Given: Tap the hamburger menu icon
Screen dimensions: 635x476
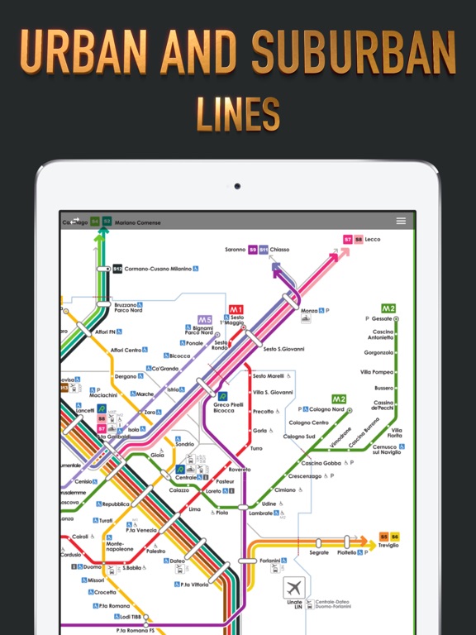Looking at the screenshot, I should [401, 221].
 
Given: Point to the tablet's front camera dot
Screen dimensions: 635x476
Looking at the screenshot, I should [238, 185].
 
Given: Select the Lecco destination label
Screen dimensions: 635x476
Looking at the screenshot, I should [372, 239].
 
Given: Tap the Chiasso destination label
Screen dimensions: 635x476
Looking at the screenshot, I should [280, 249].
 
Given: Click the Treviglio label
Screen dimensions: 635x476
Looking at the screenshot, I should [388, 547].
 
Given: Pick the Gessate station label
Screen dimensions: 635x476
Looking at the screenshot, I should [382, 318].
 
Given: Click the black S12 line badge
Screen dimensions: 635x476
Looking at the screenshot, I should [117, 269].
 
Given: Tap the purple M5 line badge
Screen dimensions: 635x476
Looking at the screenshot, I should [205, 319].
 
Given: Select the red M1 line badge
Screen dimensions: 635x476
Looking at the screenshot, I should [236, 308].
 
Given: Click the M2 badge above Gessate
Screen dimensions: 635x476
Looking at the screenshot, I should [388, 308].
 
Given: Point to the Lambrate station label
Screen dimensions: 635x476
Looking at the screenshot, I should [261, 513].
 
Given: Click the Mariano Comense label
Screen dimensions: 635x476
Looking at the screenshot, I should [137, 222].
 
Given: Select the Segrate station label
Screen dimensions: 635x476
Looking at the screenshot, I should [318, 552].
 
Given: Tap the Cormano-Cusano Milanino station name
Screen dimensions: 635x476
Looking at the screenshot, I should [158, 269].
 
